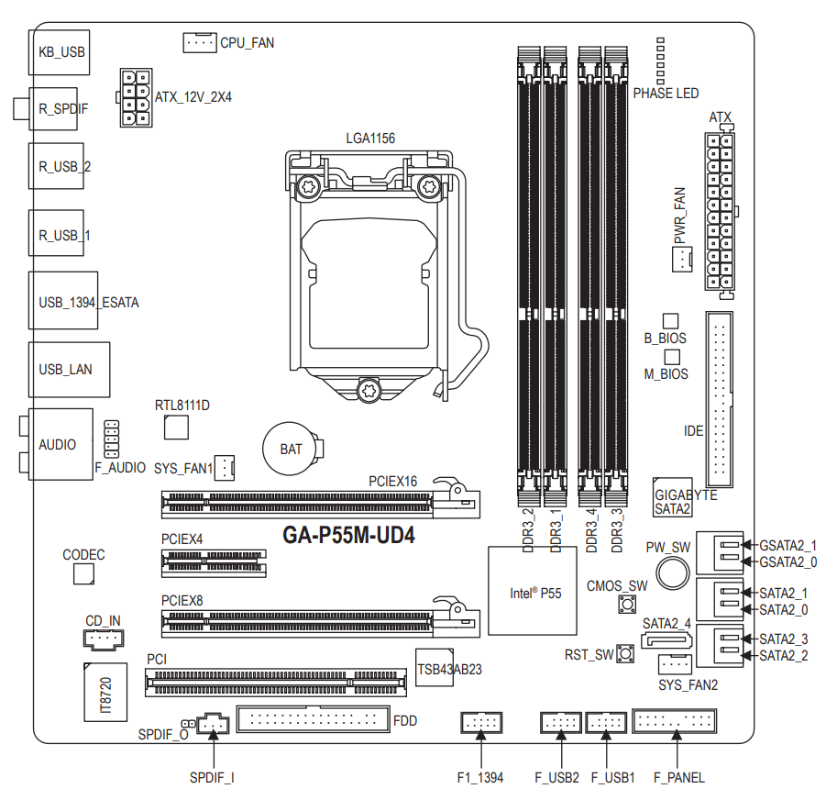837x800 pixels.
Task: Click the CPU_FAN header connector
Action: click(x=198, y=42)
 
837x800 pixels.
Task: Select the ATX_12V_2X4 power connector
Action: click(x=135, y=97)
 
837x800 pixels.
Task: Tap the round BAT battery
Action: click(x=292, y=449)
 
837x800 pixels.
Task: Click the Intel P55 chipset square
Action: click(x=533, y=591)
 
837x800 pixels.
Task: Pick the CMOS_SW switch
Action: click(x=628, y=606)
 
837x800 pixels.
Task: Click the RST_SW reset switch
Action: click(x=627, y=654)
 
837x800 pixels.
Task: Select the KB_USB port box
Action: click(x=61, y=52)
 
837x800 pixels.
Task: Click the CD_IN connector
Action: click(x=103, y=637)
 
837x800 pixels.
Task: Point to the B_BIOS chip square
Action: click(x=670, y=320)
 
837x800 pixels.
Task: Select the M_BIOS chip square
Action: click(x=670, y=355)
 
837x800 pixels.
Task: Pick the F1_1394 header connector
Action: click(x=480, y=723)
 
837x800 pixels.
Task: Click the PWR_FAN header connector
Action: click(x=680, y=260)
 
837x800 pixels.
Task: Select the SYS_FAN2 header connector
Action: click(x=674, y=663)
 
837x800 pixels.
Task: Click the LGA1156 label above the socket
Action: click(x=370, y=139)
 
